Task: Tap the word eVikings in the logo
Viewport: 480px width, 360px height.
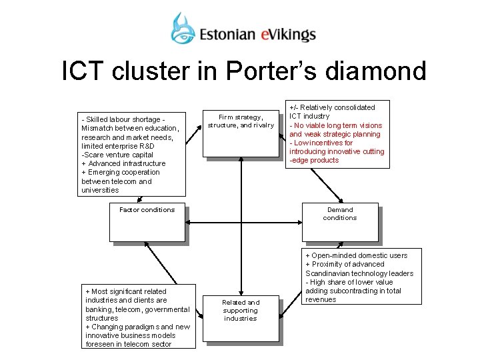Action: [290, 34]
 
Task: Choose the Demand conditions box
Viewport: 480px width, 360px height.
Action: [340, 221]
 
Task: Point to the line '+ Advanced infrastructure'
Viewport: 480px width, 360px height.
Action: [123, 163]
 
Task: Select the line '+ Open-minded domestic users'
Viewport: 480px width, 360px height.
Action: [356, 256]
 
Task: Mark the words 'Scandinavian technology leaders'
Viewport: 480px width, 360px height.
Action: [359, 273]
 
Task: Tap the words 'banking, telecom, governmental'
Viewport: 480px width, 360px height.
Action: [138, 309]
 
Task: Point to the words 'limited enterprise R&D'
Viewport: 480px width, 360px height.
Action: [118, 145]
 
